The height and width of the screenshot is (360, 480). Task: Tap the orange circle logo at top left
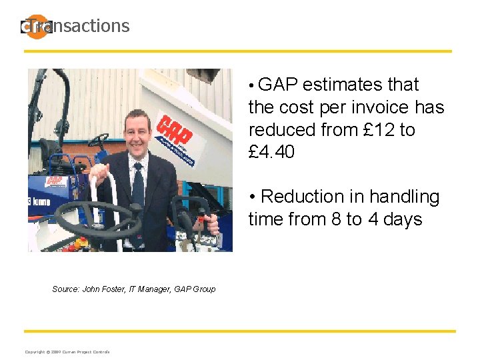(37, 27)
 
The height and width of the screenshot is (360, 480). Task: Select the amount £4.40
(271, 153)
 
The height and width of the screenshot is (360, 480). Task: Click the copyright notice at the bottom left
(67, 352)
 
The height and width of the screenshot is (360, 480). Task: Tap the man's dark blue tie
(138, 184)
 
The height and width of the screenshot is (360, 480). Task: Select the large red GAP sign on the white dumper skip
(175, 133)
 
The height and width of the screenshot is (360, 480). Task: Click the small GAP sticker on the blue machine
(54, 182)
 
